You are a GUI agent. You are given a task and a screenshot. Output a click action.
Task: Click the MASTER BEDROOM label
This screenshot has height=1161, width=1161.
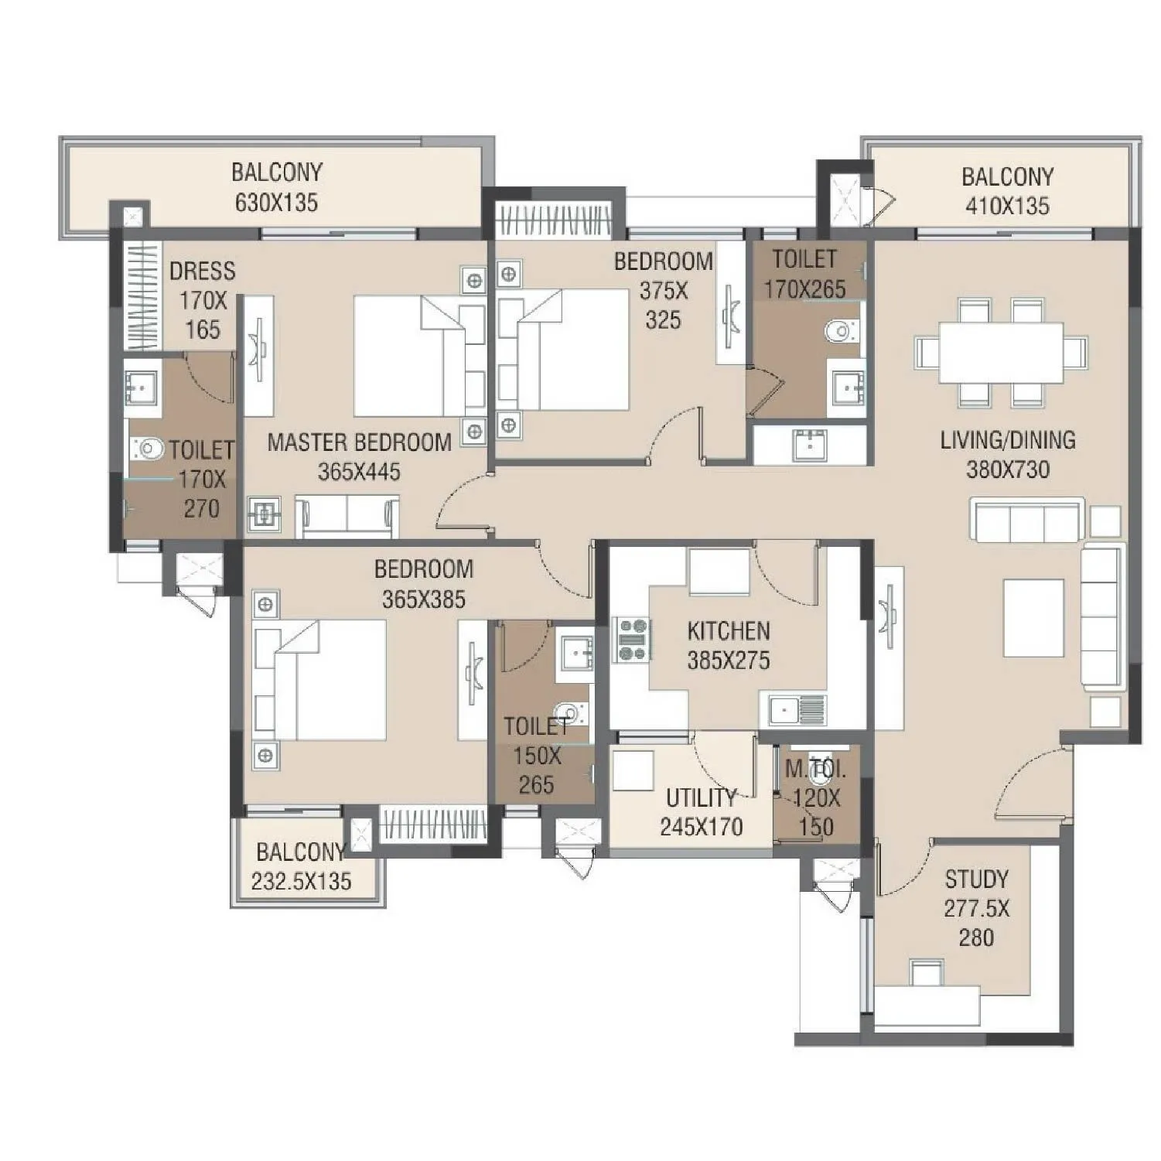359,442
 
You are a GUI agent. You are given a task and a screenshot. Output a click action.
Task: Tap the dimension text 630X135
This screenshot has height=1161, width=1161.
276,203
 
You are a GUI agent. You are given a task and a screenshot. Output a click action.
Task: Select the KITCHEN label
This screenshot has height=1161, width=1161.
728,631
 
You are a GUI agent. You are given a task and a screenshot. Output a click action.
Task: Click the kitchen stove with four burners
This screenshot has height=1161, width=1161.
632,640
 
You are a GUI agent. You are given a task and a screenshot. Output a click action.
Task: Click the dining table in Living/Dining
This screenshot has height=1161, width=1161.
1001,352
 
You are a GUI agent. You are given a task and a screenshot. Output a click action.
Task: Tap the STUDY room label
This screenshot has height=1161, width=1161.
976,879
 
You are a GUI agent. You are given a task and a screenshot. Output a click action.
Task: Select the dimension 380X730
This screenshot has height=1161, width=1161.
1007,470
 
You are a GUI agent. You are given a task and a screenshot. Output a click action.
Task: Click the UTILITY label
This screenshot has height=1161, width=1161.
701,797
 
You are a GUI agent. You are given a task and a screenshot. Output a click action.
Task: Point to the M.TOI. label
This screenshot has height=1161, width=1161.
814,770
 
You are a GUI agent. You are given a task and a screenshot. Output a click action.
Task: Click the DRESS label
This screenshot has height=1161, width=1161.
202,271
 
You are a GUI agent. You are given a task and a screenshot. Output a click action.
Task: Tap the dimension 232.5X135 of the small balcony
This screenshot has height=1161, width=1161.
301,881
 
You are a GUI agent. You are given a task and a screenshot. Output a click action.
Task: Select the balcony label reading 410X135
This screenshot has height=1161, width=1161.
1007,206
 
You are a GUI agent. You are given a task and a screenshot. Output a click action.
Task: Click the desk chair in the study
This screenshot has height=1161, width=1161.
926,972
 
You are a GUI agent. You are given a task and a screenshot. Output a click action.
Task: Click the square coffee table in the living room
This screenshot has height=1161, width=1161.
1033,618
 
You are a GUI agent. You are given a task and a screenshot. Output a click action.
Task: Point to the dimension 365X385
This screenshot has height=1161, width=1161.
423,599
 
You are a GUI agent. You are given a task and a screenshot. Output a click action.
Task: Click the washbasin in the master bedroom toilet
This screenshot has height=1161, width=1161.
142,384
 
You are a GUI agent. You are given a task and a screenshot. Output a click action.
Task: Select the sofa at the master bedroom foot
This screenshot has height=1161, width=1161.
347,517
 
